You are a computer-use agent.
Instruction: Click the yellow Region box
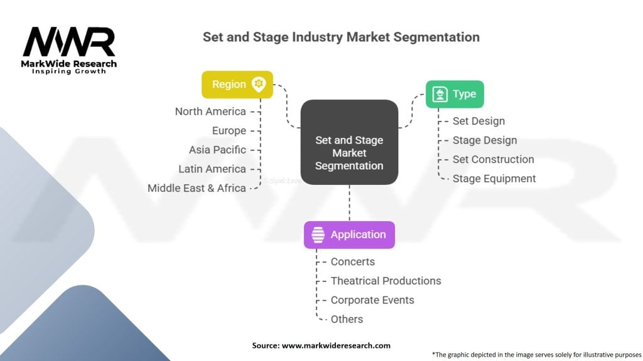coord(237,85)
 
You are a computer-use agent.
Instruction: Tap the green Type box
coord(455,94)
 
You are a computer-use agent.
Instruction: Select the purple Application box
coord(349,235)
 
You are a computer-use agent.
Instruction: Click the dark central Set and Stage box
coord(349,142)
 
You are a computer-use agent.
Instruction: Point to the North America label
coord(210,112)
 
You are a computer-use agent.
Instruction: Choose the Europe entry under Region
coord(229,130)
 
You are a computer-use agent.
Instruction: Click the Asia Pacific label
coord(217,150)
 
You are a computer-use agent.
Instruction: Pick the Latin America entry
coord(212,169)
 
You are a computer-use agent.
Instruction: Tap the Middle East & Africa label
coord(197,188)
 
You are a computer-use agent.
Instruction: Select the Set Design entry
coord(478,121)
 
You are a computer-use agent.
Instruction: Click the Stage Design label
coord(485,140)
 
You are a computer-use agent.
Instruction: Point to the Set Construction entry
coord(494,159)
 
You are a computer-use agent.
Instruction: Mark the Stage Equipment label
coord(494,179)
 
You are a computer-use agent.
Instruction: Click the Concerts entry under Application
coord(353,261)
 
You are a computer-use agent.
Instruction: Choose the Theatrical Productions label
coord(386,281)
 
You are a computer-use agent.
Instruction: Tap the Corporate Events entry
coord(372,300)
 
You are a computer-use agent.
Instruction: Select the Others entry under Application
coord(347,319)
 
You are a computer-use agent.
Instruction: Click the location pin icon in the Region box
coord(259,85)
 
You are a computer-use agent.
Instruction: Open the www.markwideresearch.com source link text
coord(337,345)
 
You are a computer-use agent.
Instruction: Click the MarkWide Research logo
coord(69,50)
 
